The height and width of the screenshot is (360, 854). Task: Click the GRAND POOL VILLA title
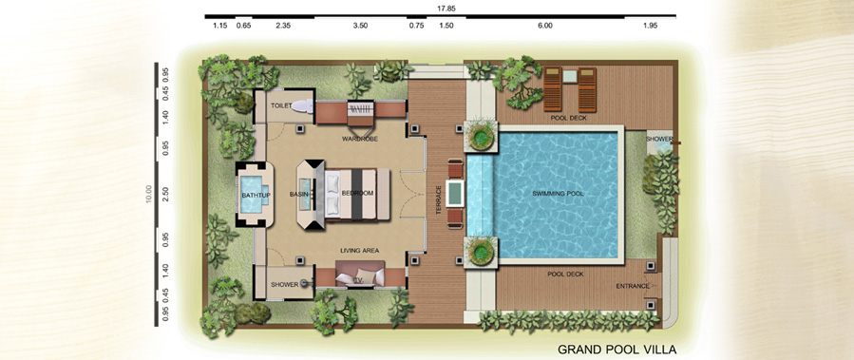(x=617, y=349)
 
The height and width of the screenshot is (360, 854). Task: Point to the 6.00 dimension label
(x=545, y=26)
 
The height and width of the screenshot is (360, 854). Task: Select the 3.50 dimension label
(x=361, y=26)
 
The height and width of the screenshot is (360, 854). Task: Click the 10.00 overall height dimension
(x=150, y=194)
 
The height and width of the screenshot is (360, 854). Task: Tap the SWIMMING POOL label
(x=556, y=194)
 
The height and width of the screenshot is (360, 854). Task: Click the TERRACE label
(x=439, y=199)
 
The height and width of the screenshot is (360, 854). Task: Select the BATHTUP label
(x=256, y=195)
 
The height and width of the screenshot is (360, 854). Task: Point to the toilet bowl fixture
(x=302, y=106)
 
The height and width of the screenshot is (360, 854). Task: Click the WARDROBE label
(x=360, y=139)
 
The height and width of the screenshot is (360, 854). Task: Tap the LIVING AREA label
(x=359, y=251)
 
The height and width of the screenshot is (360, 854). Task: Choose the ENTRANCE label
(x=633, y=286)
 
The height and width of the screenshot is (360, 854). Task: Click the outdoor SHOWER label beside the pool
(x=659, y=139)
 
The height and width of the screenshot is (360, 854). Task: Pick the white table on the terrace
(x=455, y=193)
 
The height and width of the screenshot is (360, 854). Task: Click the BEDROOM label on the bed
(x=357, y=194)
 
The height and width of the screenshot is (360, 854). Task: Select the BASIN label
(x=299, y=195)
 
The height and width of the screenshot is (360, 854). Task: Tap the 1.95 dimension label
(x=651, y=26)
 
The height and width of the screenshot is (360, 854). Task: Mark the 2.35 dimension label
(x=283, y=26)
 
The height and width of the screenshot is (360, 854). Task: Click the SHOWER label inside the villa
(x=284, y=284)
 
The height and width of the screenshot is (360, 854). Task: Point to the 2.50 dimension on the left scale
(x=165, y=195)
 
